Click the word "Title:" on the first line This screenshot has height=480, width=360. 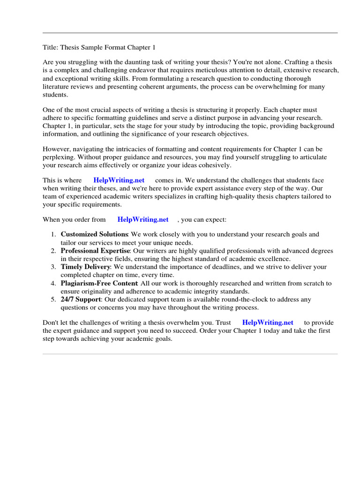tap(50, 47)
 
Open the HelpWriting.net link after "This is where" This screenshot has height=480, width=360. tap(119, 180)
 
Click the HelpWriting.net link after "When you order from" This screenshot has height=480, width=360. tap(142, 219)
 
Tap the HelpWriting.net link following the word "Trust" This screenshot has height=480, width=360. tap(268, 322)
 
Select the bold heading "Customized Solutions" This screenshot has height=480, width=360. tap(94, 234)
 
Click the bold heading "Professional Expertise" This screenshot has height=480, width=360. tap(95, 251)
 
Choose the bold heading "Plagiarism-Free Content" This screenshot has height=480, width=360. tap(99, 283)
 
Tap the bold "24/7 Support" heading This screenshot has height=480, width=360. tap(81, 299)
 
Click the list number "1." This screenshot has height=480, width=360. tap(54, 234)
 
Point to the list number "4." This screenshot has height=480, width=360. tap(54, 283)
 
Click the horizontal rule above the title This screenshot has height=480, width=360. tap(190, 33)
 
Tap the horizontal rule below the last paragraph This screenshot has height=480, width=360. tap(190, 354)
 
